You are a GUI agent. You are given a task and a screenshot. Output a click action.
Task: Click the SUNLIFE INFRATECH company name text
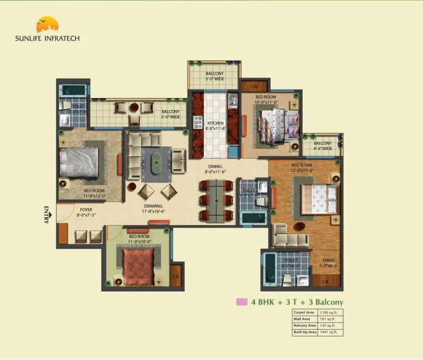tap(47, 38)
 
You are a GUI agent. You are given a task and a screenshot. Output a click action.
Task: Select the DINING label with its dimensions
tap(215, 169)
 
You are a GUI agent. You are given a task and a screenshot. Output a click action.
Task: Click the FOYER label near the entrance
tap(86, 212)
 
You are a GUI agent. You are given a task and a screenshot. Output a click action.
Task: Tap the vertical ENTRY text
tap(46, 216)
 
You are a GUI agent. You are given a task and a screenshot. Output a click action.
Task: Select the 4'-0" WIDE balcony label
tap(322, 146)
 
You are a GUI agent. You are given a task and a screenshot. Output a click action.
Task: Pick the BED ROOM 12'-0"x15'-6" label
tap(302, 168)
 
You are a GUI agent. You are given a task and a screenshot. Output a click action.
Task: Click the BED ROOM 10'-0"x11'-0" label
tap(266, 100)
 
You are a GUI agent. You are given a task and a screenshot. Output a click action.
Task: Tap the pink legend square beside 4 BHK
tap(241, 301)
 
